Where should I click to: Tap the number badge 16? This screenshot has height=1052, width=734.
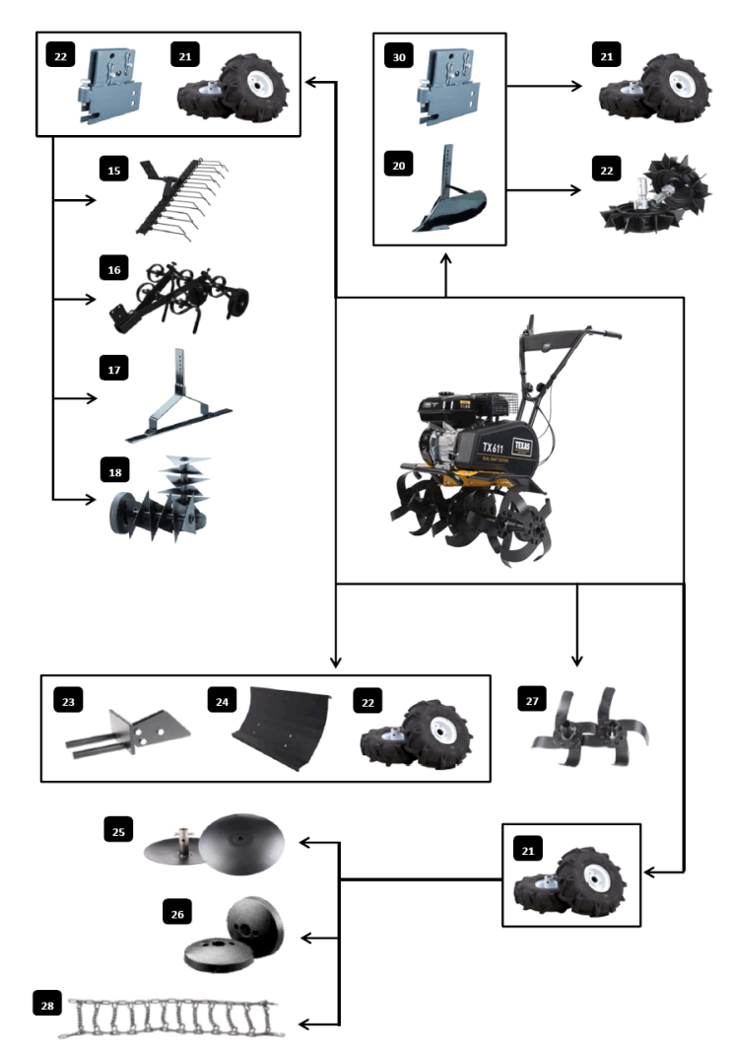(x=114, y=267)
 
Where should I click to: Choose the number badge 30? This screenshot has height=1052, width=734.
(x=398, y=58)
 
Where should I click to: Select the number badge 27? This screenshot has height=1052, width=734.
(x=533, y=699)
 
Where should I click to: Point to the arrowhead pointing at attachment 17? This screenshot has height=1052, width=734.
(x=93, y=399)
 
